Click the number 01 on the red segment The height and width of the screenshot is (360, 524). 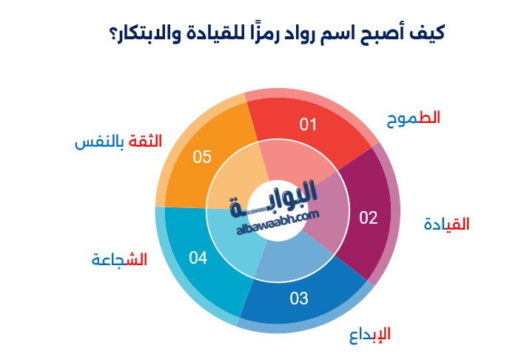pyautogui.click(x=307, y=124)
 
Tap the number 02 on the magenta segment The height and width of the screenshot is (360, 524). pyautogui.click(x=369, y=218)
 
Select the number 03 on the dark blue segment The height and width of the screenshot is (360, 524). pyautogui.click(x=299, y=299)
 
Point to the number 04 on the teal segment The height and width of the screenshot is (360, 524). pyautogui.click(x=198, y=258)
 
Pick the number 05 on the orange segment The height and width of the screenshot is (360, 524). pyautogui.click(x=202, y=157)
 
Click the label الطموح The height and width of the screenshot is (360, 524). pyautogui.click(x=414, y=119)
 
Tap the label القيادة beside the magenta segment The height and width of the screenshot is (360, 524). pyautogui.click(x=446, y=224)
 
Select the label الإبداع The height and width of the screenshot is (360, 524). pyautogui.click(x=370, y=336)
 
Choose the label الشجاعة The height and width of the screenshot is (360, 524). pyautogui.click(x=119, y=259)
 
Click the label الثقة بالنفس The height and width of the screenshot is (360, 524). pyautogui.click(x=118, y=141)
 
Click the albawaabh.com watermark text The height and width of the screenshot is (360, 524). pyautogui.click(x=278, y=222)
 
